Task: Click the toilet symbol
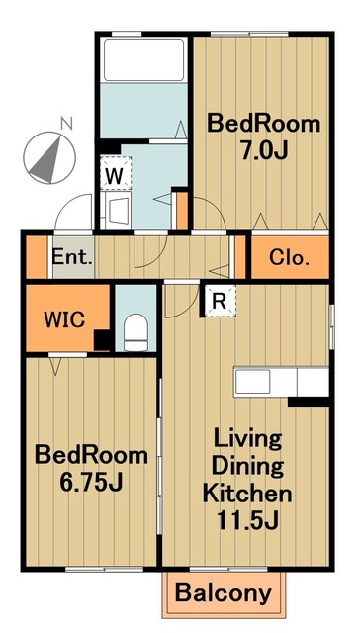(x=135, y=332)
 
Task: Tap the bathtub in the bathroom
(x=143, y=59)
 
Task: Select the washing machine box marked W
(x=116, y=173)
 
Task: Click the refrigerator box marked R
(x=220, y=301)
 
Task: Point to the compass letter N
(x=66, y=123)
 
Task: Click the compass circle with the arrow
(x=49, y=158)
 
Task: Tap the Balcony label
(x=224, y=593)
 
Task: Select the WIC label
(x=64, y=319)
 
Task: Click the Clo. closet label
(x=290, y=257)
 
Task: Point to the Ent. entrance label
(x=72, y=257)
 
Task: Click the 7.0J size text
(x=264, y=150)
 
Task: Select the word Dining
(x=247, y=466)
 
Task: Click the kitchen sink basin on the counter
(x=253, y=381)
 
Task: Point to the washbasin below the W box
(x=117, y=210)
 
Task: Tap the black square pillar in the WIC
(x=103, y=340)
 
